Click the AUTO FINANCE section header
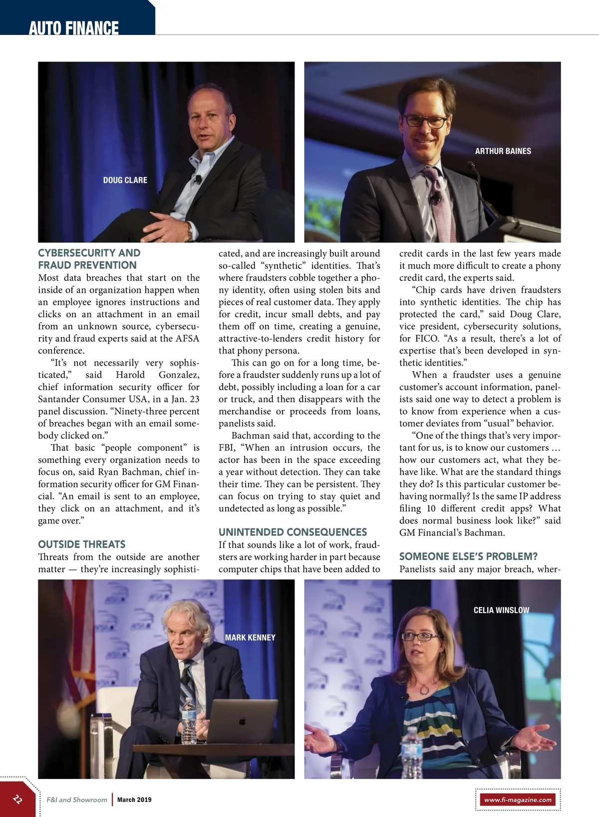[74, 28]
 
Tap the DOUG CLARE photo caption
[125, 180]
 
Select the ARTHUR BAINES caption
[503, 151]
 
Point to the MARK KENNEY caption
[250, 637]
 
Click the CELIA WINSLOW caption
[501, 610]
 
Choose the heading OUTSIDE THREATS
[82, 544]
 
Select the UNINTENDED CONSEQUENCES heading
[293, 532]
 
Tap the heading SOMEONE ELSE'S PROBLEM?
[468, 556]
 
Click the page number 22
[18, 799]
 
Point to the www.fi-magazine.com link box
[518, 800]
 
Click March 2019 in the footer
[134, 800]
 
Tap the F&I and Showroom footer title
[77, 800]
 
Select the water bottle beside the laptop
[189, 722]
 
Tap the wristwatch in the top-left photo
[190, 230]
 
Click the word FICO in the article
[427, 339]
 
